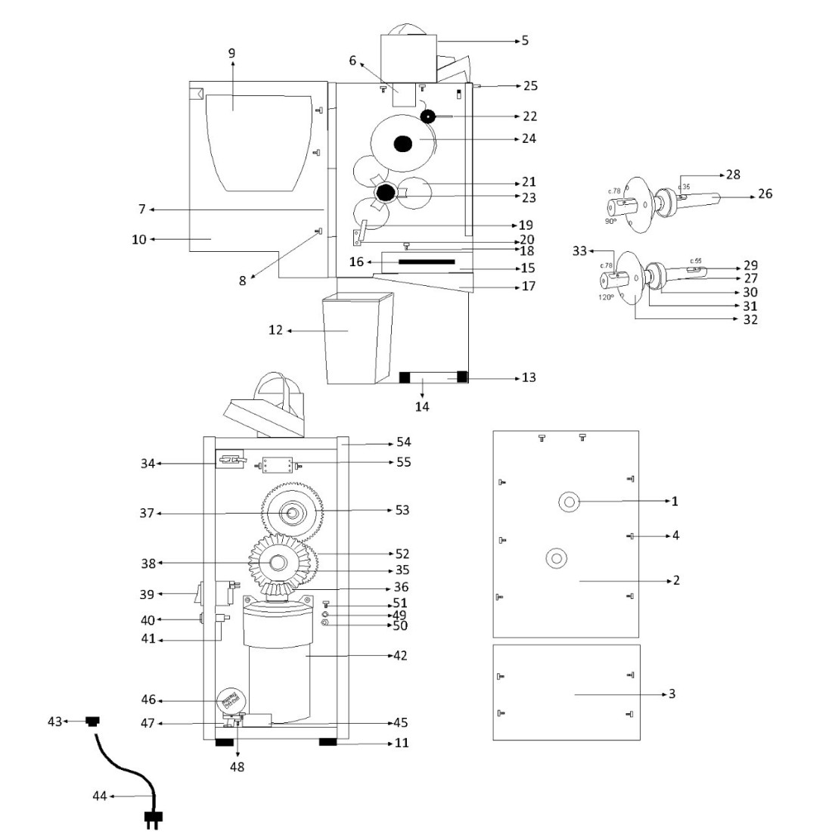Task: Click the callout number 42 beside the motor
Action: click(x=400, y=656)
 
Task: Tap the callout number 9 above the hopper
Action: click(x=231, y=53)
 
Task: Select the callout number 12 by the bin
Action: click(x=275, y=331)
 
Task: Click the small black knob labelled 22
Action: click(x=428, y=116)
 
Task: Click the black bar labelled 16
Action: click(x=427, y=262)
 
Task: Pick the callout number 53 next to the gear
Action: click(x=402, y=511)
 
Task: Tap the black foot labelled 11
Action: click(x=328, y=742)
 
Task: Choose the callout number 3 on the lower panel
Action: click(x=672, y=694)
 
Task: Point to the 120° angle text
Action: click(x=605, y=298)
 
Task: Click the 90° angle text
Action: click(x=610, y=221)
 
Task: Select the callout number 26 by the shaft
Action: click(x=765, y=194)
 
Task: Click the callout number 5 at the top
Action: click(x=524, y=40)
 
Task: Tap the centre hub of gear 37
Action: click(x=291, y=514)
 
